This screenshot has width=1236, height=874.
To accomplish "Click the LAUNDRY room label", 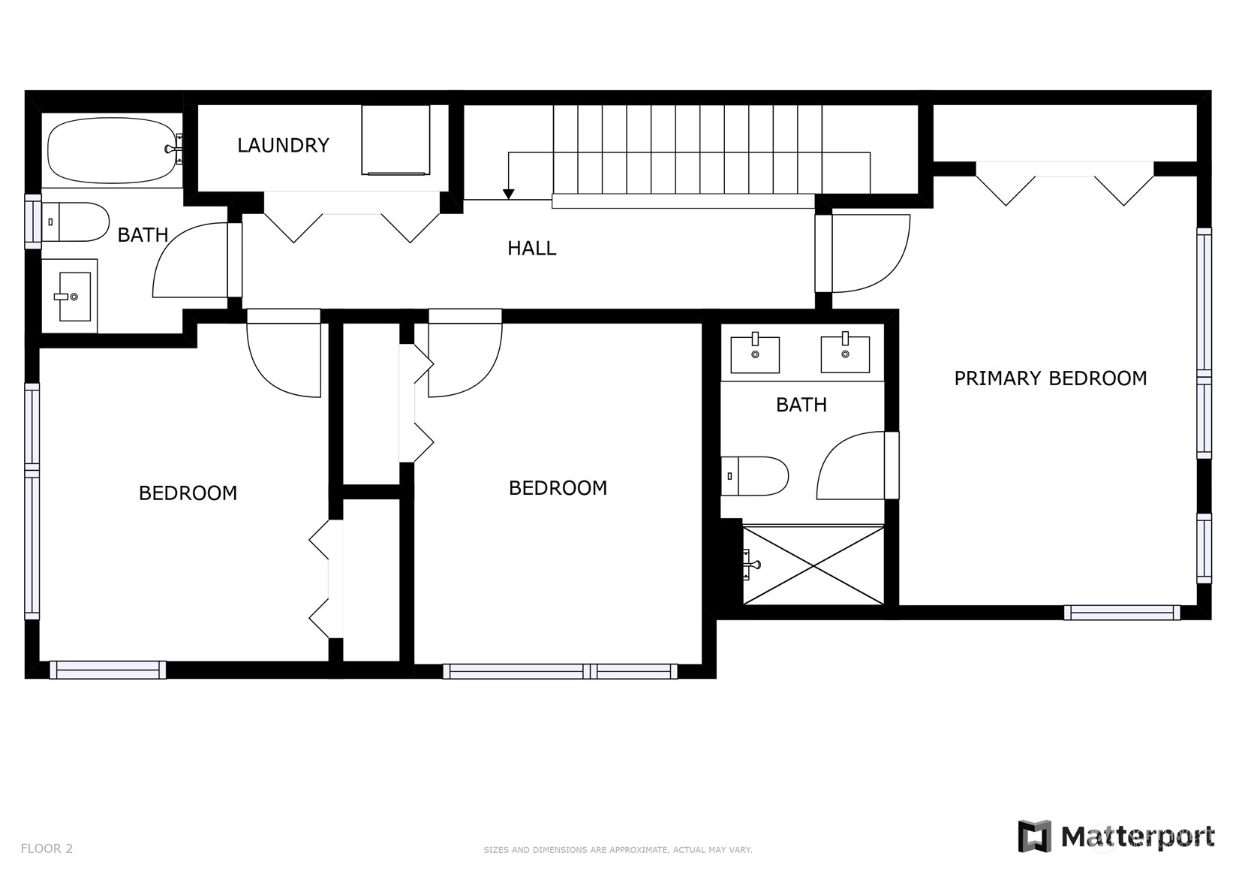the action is [x=283, y=145].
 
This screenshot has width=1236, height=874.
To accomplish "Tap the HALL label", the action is [x=532, y=249].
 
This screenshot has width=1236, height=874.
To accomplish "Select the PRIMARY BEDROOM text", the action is [x=1051, y=378].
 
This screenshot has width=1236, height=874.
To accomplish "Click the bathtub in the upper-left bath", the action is [x=113, y=149].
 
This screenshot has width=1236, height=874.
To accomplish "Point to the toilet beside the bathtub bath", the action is [x=76, y=222].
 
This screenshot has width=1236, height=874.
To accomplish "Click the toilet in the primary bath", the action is [x=754, y=476].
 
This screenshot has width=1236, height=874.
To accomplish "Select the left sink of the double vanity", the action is [x=755, y=354].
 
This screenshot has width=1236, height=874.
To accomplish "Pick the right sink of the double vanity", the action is [x=845, y=352].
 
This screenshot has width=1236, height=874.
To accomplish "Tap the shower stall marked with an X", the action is [x=813, y=565].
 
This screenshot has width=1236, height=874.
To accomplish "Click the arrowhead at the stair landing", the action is [x=508, y=194].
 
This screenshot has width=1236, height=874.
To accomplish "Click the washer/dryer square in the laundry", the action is [x=395, y=140].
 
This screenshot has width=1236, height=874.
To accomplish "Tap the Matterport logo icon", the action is [x=1035, y=836].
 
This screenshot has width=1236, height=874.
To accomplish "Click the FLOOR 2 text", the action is [x=47, y=848].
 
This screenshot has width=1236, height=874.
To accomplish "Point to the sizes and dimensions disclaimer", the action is [x=618, y=850].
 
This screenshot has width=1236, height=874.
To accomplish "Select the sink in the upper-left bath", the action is [x=74, y=297].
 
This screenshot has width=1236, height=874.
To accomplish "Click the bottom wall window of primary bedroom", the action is [x=1122, y=613].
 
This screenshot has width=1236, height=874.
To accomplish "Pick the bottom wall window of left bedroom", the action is [x=107, y=670].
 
